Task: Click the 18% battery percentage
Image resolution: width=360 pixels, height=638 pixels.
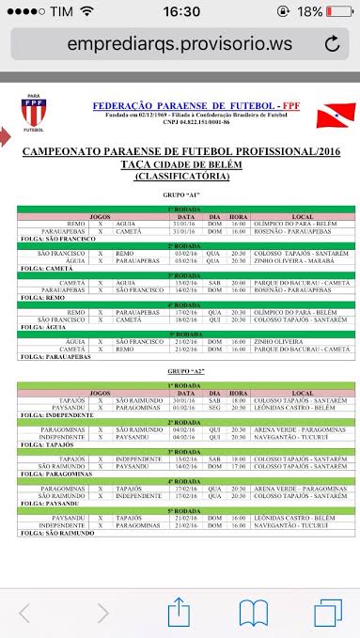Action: (311, 11)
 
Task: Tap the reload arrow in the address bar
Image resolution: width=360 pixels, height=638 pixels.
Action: (331, 44)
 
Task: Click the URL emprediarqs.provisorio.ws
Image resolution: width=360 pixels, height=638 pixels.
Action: (179, 44)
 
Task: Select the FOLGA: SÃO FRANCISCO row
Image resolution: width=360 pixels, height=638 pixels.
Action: (58, 239)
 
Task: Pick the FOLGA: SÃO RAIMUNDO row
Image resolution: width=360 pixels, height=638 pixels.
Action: (58, 532)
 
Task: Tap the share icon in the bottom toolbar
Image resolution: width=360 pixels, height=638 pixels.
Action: (179, 614)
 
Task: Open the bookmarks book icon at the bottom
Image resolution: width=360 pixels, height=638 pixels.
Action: (254, 614)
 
